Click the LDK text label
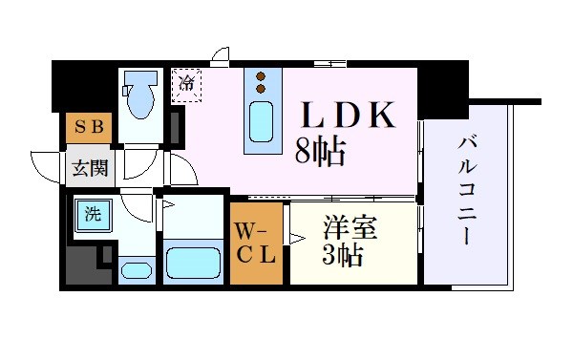click(x=349, y=116)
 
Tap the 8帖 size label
click(x=319, y=151)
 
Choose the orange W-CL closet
click(x=256, y=243)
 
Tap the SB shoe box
click(x=89, y=127)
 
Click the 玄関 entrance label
click(x=89, y=170)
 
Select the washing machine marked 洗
click(x=94, y=215)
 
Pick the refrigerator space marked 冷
click(x=187, y=84)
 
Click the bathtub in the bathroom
click(x=193, y=260)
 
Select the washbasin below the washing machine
click(x=136, y=269)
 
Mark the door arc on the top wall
click(x=220, y=54)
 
